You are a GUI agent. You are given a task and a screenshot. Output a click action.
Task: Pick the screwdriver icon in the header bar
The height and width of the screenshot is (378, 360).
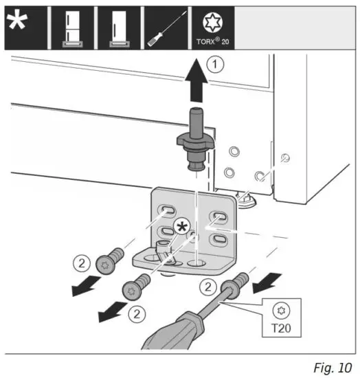pos(164,25)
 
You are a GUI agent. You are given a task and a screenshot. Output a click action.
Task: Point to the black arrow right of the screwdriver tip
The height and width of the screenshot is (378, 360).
pos(269,278)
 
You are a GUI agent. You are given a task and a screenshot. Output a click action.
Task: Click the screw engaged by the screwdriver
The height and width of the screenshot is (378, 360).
pos(237,285)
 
